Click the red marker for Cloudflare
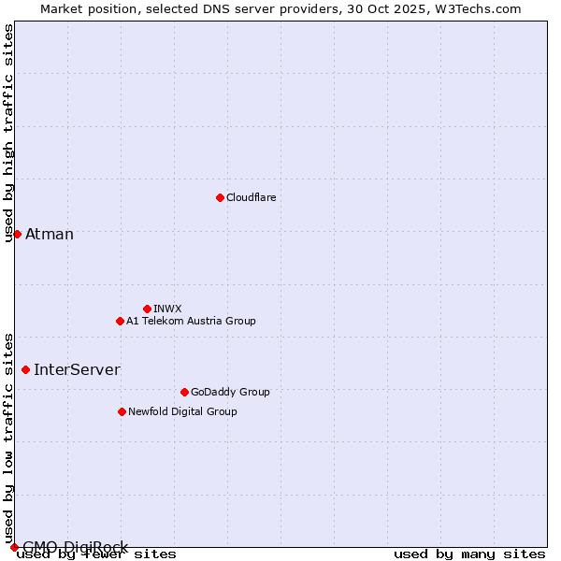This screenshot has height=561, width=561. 220,197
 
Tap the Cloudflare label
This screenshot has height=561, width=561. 251,197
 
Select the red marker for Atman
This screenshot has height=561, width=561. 17,234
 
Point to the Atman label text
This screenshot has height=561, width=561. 50,234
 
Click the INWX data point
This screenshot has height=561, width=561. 147,309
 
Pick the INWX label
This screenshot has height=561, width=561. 167,309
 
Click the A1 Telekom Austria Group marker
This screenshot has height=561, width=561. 120,321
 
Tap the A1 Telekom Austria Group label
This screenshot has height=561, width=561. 191,321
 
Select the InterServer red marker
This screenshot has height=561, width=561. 25,369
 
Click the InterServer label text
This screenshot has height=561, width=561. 77,369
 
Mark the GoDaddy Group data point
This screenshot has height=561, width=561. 184,392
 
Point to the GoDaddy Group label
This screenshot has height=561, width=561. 230,392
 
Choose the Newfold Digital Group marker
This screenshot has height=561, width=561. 122,411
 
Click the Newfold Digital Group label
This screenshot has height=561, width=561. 182,411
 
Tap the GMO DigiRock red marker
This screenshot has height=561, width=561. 14,547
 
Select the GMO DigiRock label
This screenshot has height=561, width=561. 75,546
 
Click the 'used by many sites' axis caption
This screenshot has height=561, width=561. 469,554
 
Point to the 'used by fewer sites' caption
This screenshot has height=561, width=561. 96,554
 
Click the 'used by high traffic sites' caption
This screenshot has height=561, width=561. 9,133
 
